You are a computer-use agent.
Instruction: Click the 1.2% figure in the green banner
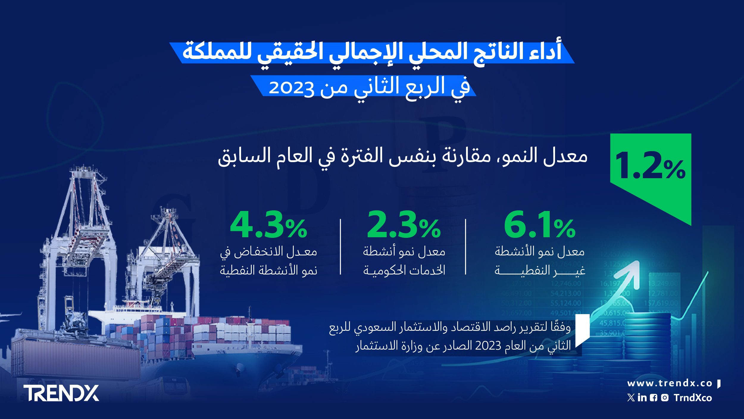(650, 166)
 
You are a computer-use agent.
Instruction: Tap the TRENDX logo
(61, 393)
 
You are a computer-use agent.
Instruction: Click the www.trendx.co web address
(670, 383)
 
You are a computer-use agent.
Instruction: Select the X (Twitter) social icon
(631, 398)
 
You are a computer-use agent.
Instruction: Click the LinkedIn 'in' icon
(642, 398)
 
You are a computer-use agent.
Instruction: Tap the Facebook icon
(654, 398)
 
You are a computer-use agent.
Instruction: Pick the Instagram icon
(665, 398)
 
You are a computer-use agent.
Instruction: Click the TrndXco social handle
(693, 398)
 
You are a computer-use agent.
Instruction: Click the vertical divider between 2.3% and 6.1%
(466, 247)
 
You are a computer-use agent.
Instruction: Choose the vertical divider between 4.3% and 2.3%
(340, 247)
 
